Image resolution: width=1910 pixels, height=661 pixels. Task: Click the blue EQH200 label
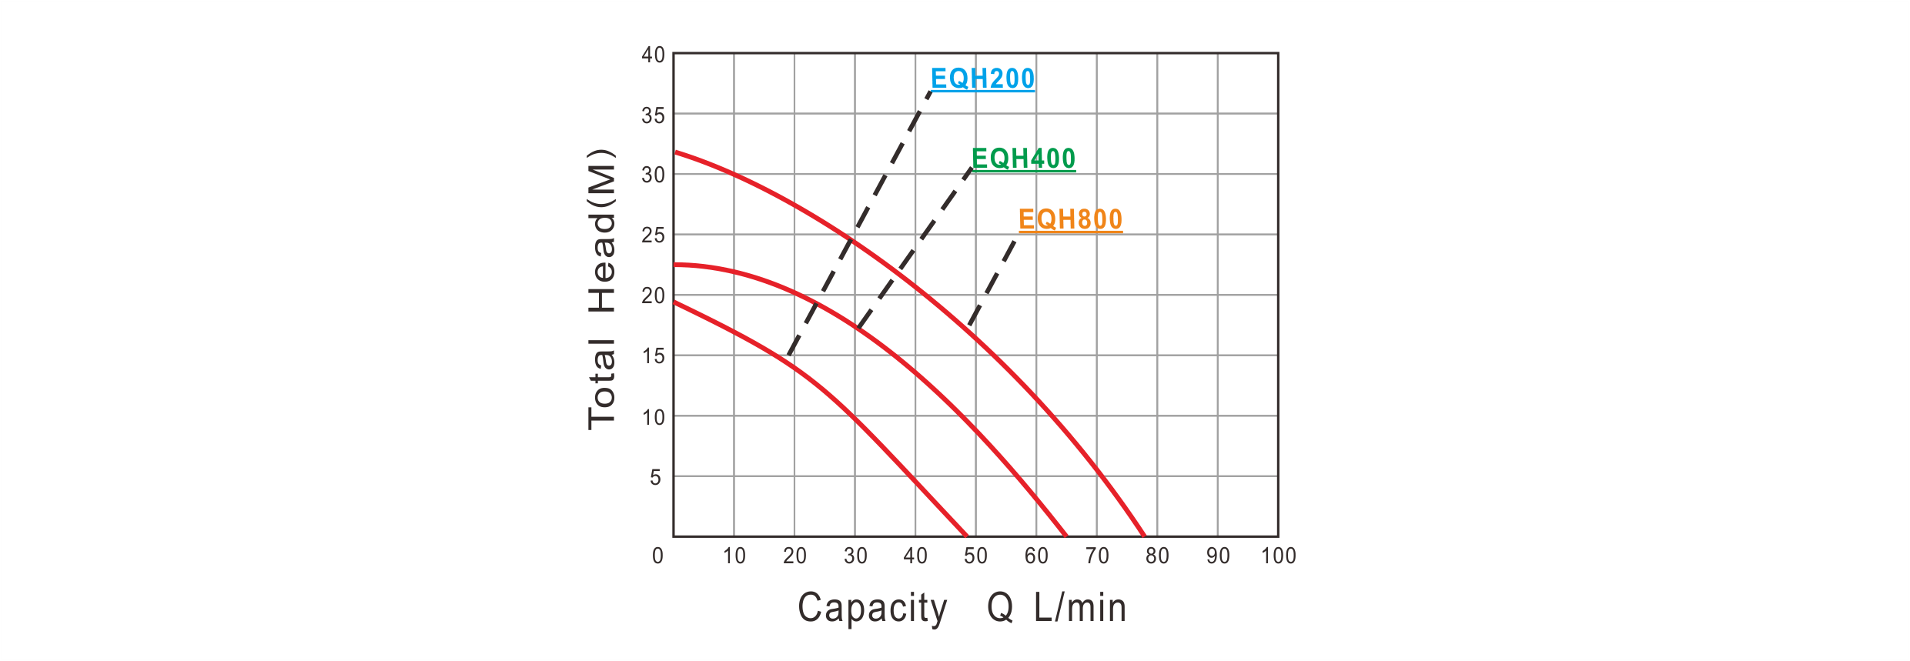(982, 79)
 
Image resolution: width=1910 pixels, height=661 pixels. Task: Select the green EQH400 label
(1023, 159)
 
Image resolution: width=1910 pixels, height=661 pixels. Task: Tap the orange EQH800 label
(1070, 220)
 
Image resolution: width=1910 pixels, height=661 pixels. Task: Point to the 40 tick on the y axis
(652, 55)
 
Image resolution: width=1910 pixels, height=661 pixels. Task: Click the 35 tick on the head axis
(652, 115)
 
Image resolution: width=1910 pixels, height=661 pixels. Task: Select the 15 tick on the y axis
(652, 356)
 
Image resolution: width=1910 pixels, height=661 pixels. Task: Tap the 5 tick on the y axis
(655, 477)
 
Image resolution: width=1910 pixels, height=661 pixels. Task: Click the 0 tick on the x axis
(657, 556)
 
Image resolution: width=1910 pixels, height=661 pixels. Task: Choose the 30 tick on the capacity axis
(855, 556)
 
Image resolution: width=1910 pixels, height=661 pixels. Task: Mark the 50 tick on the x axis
(975, 556)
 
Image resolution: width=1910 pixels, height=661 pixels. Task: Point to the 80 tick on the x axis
(1157, 556)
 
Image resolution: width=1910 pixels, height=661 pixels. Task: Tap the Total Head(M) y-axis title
(603, 288)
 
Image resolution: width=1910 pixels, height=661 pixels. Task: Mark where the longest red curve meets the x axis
(1145, 536)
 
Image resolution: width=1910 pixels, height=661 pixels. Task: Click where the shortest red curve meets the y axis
(674, 302)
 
